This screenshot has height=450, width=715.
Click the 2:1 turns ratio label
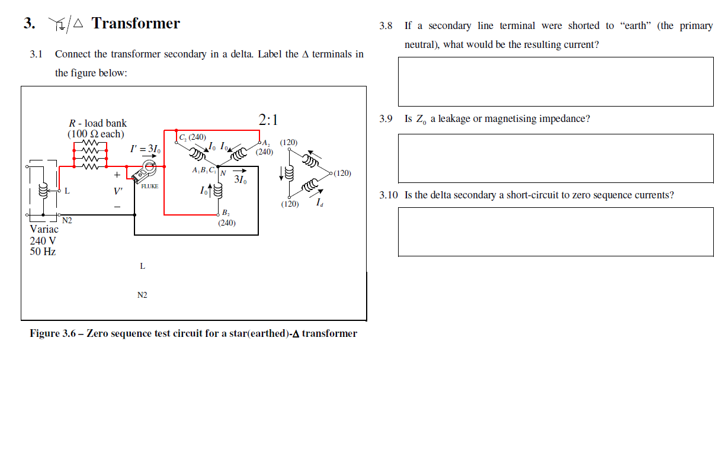point(268,120)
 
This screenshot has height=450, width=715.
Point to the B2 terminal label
point(226,213)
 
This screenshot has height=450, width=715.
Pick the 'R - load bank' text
point(98,123)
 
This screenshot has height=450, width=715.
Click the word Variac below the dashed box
point(44,229)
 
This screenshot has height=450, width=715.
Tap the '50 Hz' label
point(43,252)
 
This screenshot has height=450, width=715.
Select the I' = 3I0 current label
point(144,149)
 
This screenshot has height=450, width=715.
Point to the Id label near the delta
point(319,203)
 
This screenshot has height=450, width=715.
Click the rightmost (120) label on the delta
point(342,173)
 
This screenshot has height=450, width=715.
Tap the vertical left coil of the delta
point(289,173)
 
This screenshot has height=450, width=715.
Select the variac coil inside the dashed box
point(43,191)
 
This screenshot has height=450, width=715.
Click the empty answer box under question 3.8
point(555,82)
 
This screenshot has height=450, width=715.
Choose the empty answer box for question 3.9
point(555,158)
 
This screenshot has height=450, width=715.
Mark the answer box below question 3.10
point(555,232)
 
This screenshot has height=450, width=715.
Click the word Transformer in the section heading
point(136,23)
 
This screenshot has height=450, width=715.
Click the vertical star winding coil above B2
point(218,191)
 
